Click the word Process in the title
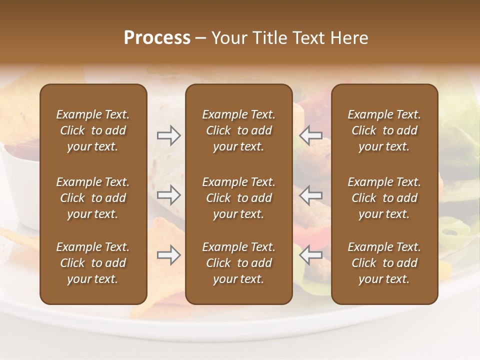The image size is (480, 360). (x=157, y=38)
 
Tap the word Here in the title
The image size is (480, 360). (x=348, y=38)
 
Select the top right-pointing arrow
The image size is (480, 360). (x=169, y=135)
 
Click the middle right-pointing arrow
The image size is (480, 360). (x=169, y=195)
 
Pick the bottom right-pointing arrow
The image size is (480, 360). (x=169, y=255)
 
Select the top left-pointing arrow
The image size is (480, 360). (x=311, y=135)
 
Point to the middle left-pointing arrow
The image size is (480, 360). (x=311, y=195)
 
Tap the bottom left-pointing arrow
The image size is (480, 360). (x=311, y=255)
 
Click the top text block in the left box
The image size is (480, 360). (x=93, y=130)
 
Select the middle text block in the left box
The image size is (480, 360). (x=93, y=198)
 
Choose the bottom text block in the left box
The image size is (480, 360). (x=93, y=263)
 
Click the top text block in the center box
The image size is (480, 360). (x=239, y=130)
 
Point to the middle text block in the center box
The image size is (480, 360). (x=239, y=198)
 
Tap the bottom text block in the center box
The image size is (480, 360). (x=239, y=263)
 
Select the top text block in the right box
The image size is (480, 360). (x=384, y=130)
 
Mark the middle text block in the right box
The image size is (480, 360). (x=384, y=198)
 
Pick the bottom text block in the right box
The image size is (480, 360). (x=384, y=263)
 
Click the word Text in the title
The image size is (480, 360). (x=307, y=38)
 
